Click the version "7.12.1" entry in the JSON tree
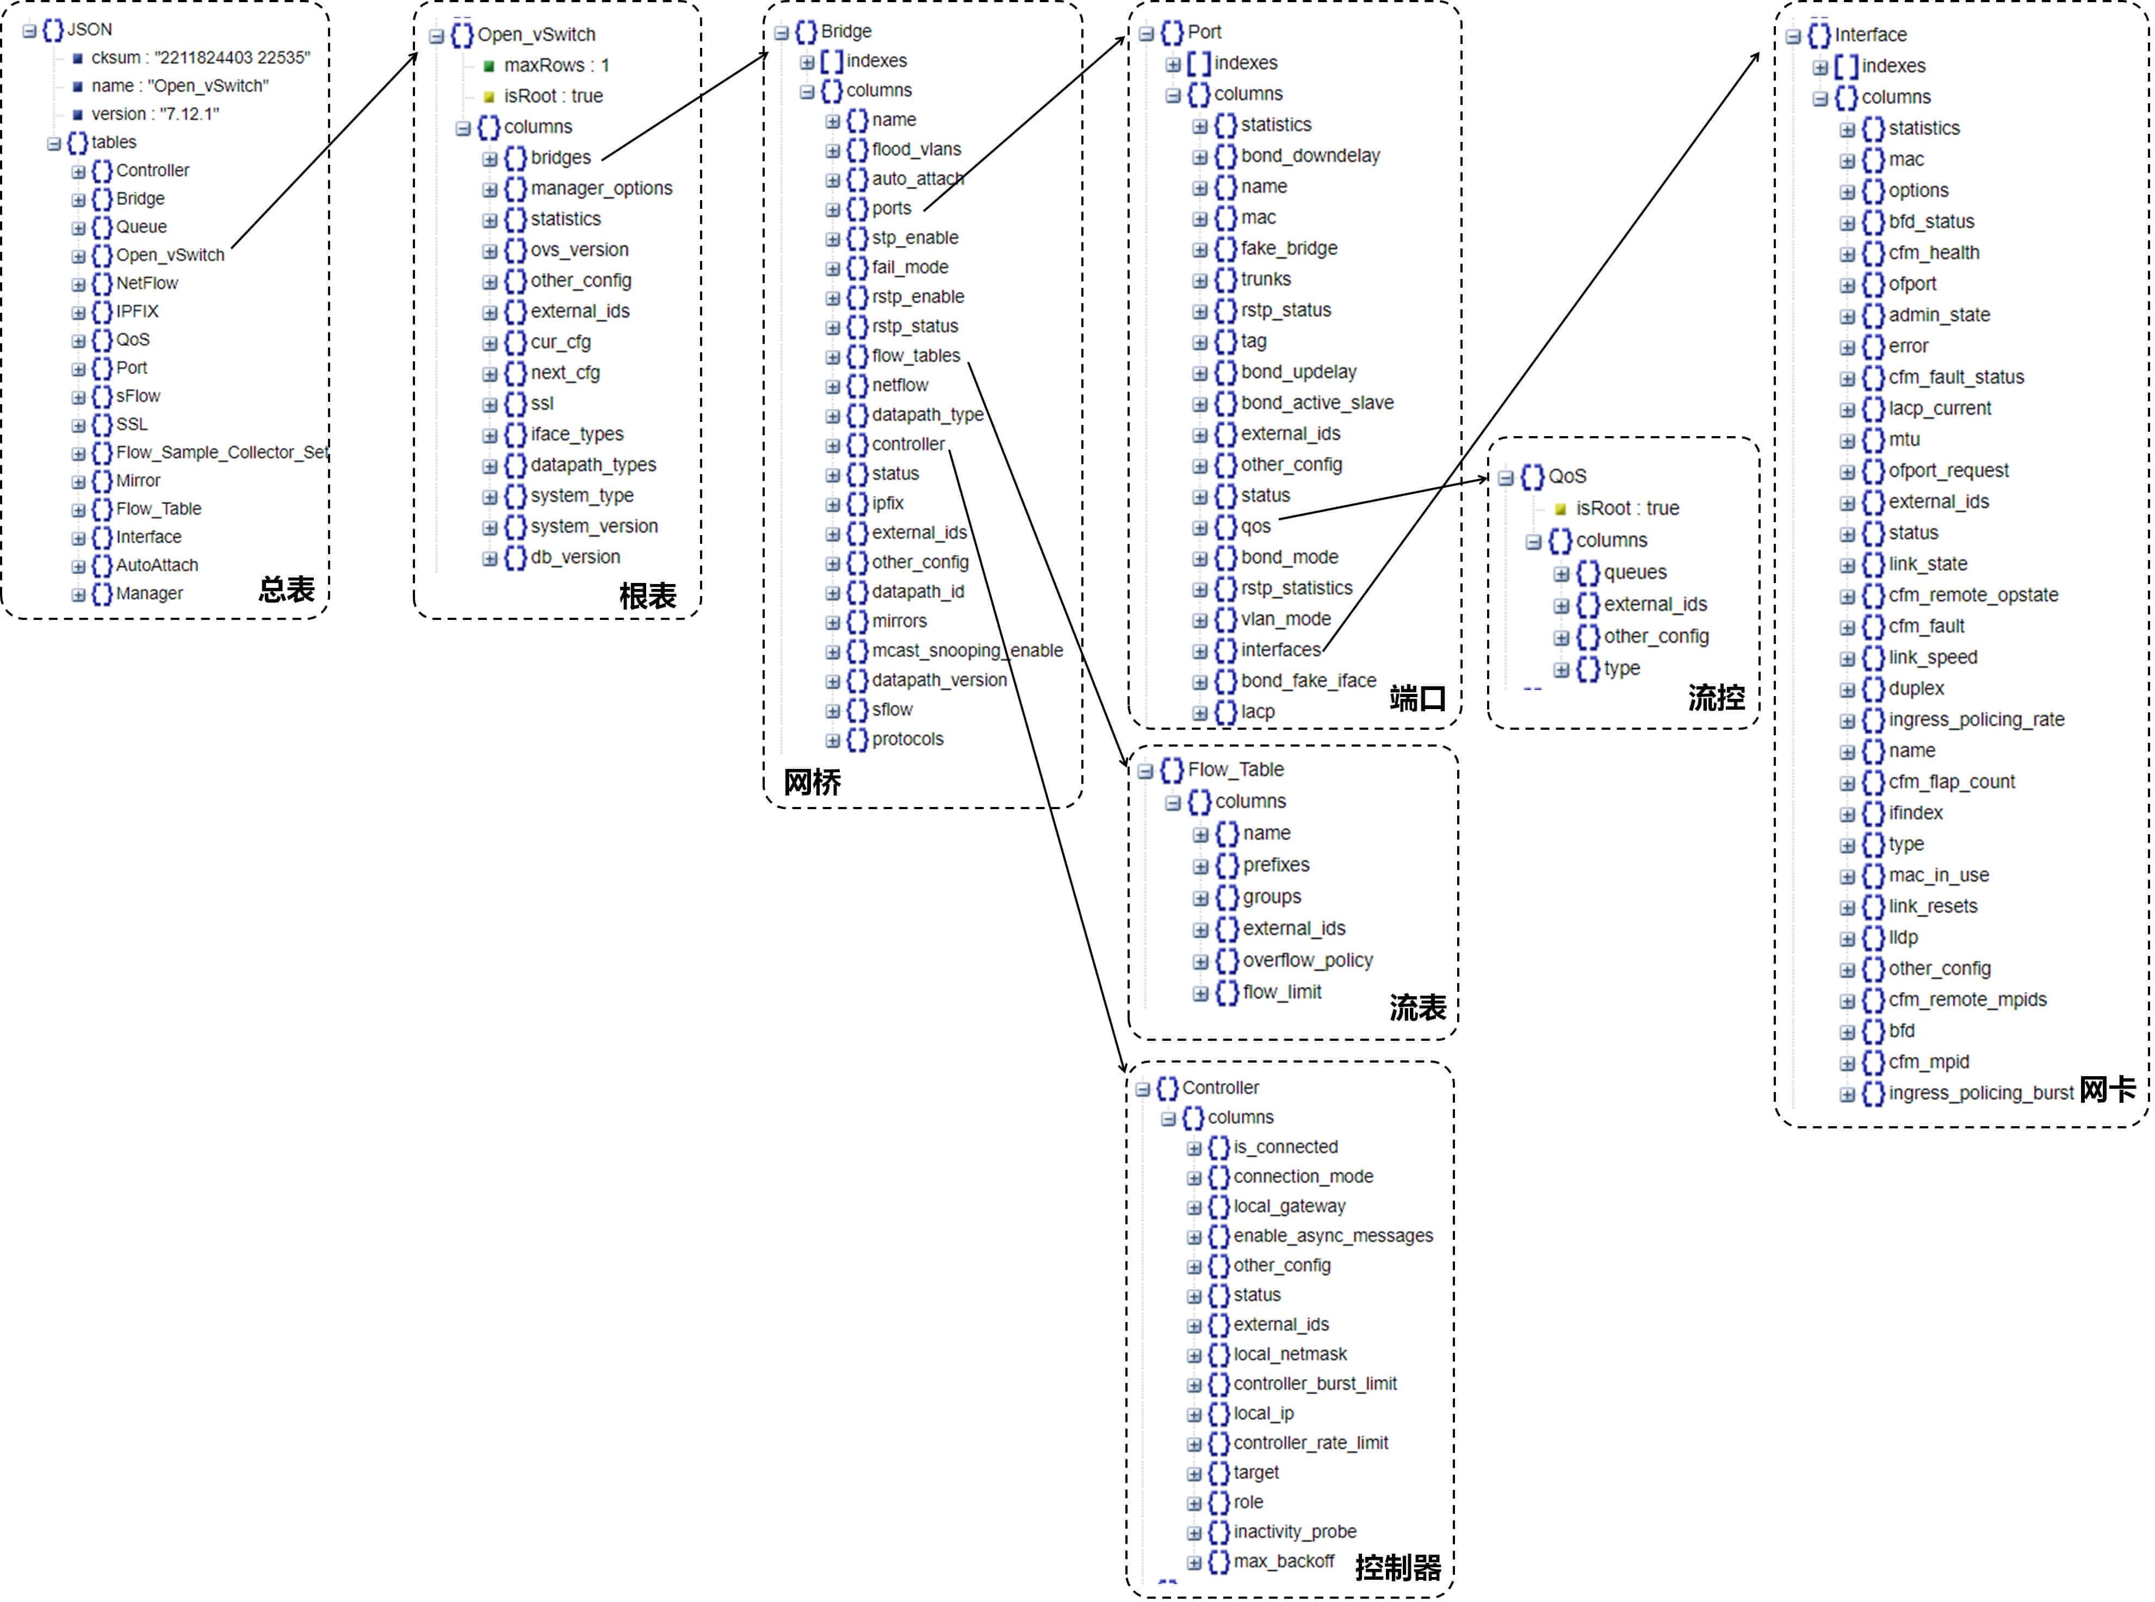[x=155, y=114]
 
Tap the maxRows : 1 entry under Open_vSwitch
[x=556, y=65]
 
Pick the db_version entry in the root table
[x=574, y=557]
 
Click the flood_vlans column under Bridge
[x=915, y=150]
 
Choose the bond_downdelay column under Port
[x=1309, y=155]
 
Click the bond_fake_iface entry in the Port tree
[x=1308, y=681]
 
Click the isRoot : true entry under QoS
[x=1626, y=508]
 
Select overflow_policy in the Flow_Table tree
[x=1308, y=960]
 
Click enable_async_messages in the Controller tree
[x=1333, y=1235]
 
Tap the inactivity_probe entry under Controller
[x=1294, y=1531]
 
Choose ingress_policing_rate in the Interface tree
[x=1976, y=719]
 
